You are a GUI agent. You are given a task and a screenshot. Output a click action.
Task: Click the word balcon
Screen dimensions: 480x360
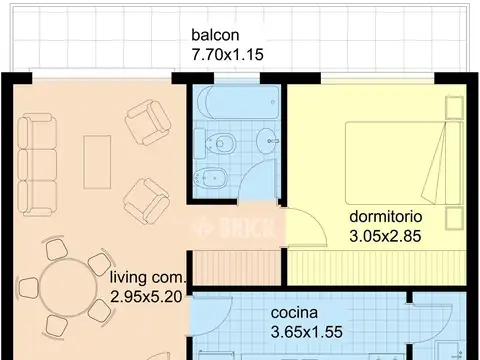215,35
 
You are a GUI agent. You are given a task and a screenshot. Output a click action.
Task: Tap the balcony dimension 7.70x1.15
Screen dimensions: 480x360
227,55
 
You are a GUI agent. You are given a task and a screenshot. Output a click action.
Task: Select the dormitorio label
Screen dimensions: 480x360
386,217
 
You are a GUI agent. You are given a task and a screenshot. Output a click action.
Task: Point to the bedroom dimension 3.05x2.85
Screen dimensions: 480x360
385,236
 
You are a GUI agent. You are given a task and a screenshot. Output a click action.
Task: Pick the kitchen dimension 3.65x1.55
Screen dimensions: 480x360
307,332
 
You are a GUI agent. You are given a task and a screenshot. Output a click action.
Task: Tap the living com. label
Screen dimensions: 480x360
147,277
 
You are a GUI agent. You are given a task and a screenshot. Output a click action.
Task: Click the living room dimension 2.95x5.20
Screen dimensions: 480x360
146,297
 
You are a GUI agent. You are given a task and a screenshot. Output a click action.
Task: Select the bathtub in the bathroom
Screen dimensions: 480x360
238,102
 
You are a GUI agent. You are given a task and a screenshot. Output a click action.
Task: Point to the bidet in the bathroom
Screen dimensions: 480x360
210,178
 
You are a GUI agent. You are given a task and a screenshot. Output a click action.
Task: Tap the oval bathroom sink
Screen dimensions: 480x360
268,141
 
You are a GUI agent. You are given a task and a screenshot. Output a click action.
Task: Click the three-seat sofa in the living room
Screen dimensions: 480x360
37,165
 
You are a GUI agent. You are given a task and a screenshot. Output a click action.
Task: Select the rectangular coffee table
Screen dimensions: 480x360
97,162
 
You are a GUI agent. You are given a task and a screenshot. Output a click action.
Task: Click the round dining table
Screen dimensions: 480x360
68,287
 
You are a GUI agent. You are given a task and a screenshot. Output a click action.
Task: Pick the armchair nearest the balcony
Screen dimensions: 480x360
148,122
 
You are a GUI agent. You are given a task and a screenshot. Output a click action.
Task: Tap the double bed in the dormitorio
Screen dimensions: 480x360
404,163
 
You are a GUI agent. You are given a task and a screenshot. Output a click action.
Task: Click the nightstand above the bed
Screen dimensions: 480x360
454,107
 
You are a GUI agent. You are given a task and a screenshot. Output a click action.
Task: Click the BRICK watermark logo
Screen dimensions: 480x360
234,227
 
